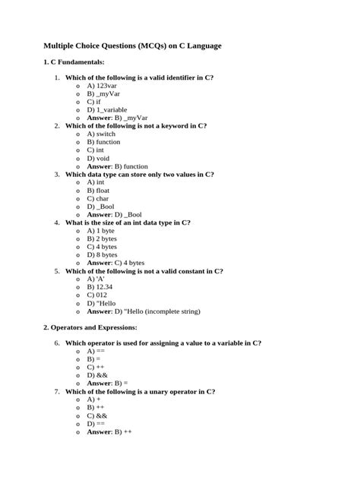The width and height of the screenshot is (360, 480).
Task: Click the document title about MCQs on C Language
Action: click(x=132, y=46)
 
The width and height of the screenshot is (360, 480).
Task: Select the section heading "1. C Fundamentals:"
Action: click(x=74, y=62)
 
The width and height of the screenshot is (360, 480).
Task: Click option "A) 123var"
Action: click(x=102, y=86)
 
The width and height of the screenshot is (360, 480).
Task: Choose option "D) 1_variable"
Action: click(x=109, y=109)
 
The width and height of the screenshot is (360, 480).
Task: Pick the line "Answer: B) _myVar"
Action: click(x=117, y=118)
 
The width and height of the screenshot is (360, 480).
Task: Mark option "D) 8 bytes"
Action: click(x=102, y=254)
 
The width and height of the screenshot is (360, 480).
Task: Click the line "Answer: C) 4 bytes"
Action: click(x=116, y=263)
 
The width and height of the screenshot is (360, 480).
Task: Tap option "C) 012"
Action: click(x=98, y=295)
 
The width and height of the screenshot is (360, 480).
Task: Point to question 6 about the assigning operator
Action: click(x=163, y=343)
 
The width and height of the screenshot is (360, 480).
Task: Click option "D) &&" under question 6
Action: click(x=97, y=375)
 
